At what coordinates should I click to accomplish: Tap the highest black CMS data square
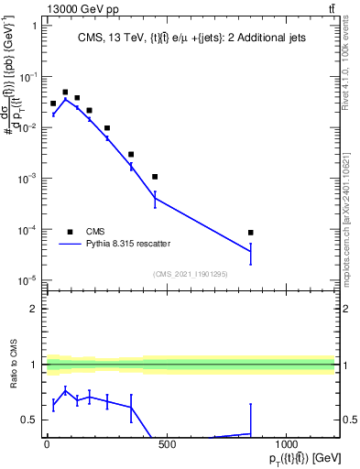click(x=65, y=93)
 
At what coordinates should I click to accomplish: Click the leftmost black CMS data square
click(x=53, y=104)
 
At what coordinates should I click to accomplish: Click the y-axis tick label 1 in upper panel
click(x=33, y=26)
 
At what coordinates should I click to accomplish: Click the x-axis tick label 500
click(x=167, y=445)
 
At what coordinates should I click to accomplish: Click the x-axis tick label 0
click(x=47, y=445)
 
